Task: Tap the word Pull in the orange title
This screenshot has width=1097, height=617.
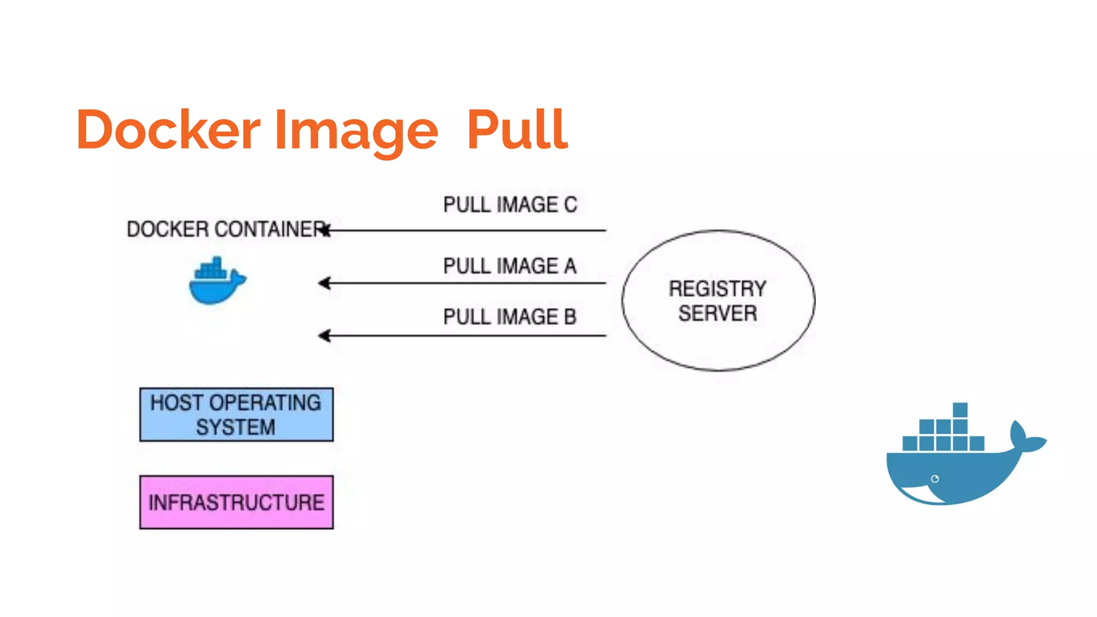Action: coord(517,130)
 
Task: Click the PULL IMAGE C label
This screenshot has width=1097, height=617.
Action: coord(510,205)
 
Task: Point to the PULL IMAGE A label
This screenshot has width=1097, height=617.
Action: coord(509,266)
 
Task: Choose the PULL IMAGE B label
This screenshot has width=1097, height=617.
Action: coord(509,317)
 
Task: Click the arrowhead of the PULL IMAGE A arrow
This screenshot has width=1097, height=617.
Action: coord(324,283)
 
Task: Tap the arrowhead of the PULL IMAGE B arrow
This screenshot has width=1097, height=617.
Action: coord(324,336)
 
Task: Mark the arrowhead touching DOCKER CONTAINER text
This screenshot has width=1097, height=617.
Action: coord(325,230)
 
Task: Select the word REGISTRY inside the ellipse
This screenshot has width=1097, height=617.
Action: coord(717,289)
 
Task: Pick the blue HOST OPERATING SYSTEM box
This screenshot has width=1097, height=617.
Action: coord(236,415)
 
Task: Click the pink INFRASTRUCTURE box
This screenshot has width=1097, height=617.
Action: coord(236,502)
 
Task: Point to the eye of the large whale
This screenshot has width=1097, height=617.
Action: coord(935,479)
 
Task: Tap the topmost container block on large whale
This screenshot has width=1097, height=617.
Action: coord(960,410)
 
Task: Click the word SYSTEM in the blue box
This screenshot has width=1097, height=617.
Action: coord(235,427)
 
